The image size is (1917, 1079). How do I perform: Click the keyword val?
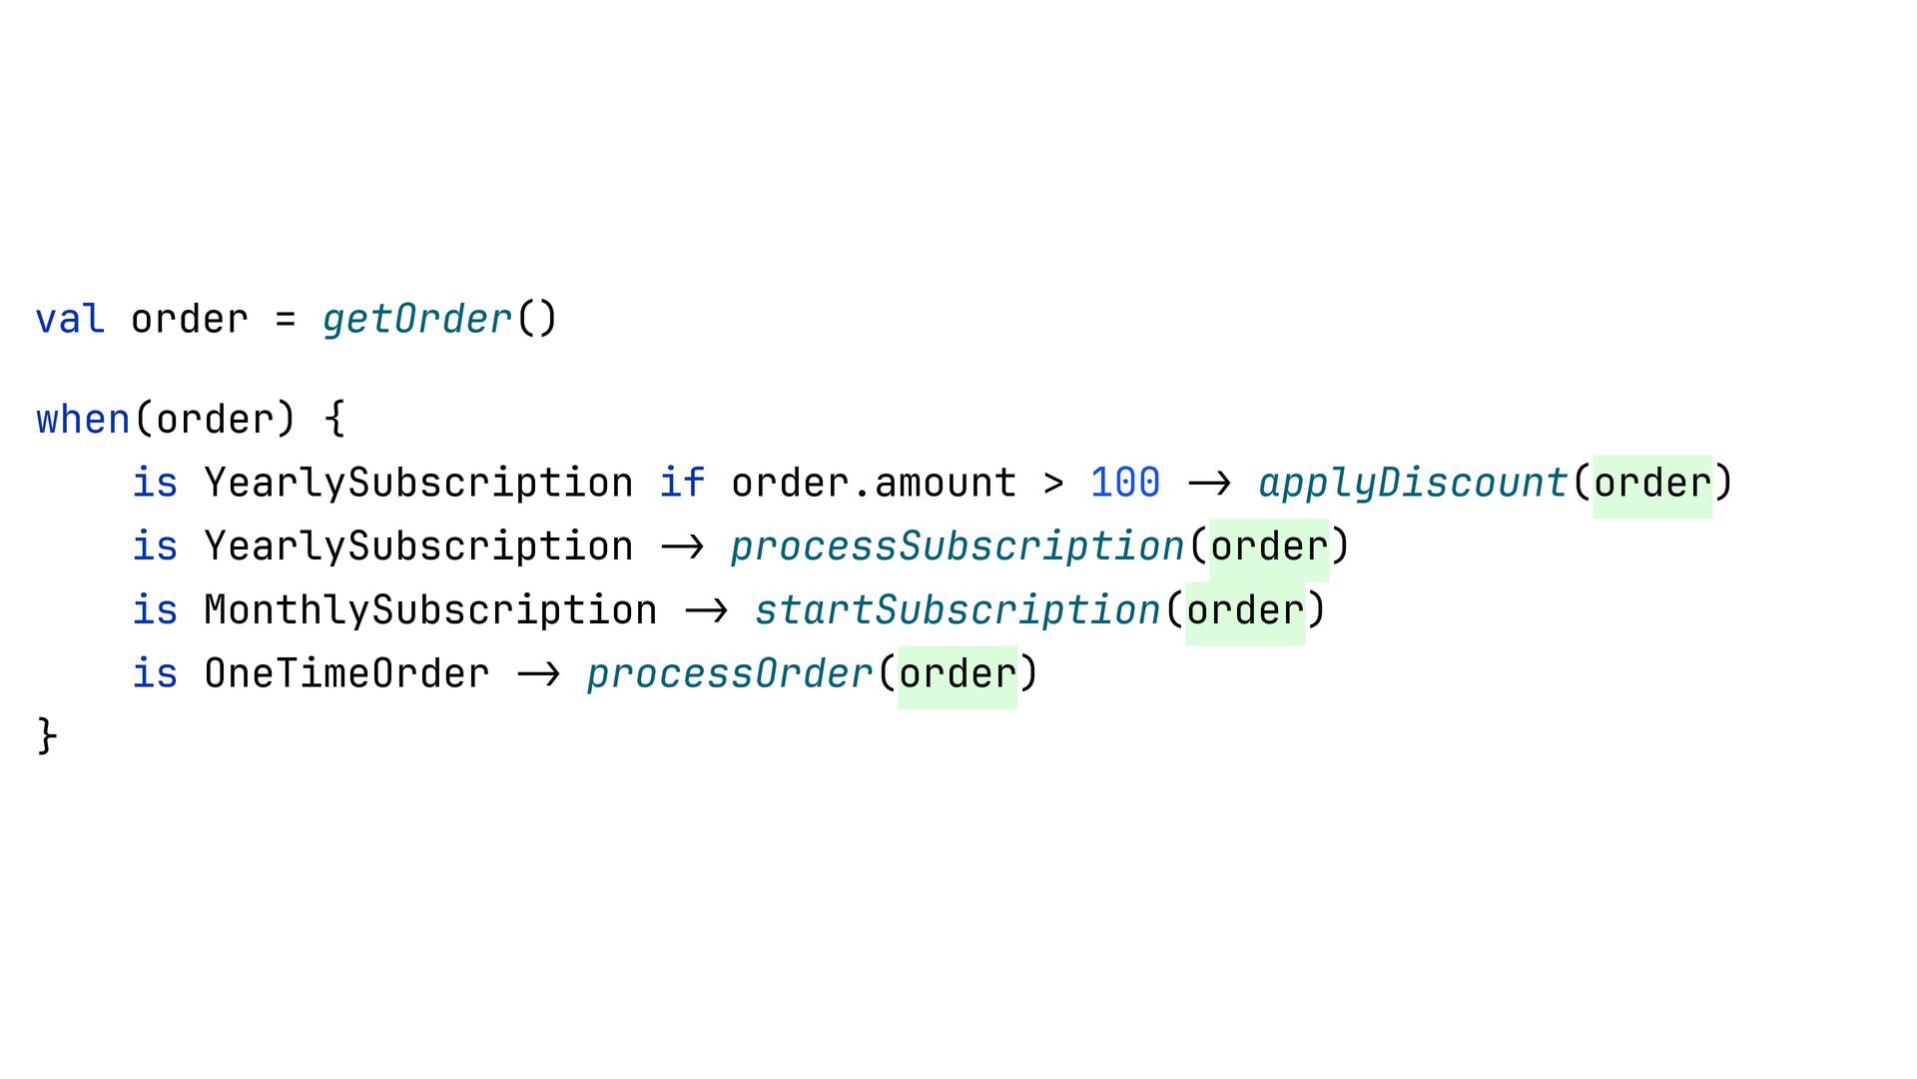tap(70, 320)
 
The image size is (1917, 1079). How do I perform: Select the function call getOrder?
tap(417, 320)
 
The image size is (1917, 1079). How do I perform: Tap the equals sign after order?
tap(286, 320)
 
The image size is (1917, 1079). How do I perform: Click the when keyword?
tap(83, 420)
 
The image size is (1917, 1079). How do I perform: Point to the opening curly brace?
tap(335, 420)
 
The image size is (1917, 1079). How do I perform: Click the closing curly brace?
tap(47, 736)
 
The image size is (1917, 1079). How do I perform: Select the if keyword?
tap(682, 484)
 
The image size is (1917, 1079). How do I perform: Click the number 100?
tap(1125, 484)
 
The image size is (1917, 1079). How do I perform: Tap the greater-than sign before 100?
tap(1053, 484)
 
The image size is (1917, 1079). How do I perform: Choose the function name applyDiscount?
tap(1413, 484)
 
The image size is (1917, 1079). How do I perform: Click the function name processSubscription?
tap(958, 546)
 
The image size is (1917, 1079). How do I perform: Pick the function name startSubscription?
tap(958, 610)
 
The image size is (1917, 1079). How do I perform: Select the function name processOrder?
tap(730, 674)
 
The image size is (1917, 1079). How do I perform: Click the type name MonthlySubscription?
tap(430, 610)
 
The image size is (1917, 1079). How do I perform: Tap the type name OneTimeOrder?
tap(346, 674)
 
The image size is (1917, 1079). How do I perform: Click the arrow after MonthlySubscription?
tap(706, 610)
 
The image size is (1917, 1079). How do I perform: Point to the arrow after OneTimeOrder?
tap(538, 674)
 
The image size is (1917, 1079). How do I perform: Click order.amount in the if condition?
tap(874, 484)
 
